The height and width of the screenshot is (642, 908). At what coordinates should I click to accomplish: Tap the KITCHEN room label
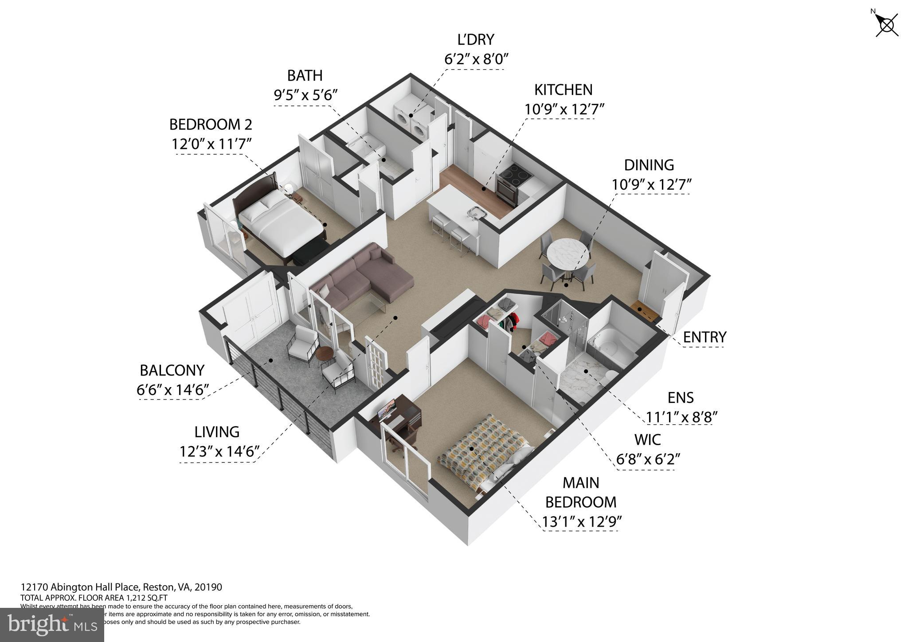pyautogui.click(x=563, y=90)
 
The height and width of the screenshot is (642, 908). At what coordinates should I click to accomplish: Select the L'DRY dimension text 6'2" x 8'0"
pyautogui.click(x=475, y=59)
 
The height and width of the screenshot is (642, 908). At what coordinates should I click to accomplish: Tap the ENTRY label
pyautogui.click(x=704, y=337)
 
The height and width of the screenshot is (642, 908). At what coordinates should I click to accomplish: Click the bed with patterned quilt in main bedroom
pyautogui.click(x=483, y=448)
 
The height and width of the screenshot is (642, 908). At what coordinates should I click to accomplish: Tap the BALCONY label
pyautogui.click(x=172, y=370)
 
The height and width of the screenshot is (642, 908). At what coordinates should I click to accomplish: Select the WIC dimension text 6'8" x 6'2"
pyautogui.click(x=648, y=459)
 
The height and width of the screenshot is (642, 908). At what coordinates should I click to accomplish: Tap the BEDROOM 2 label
pyautogui.click(x=211, y=125)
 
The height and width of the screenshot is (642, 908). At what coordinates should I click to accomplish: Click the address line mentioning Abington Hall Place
pyautogui.click(x=121, y=587)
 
